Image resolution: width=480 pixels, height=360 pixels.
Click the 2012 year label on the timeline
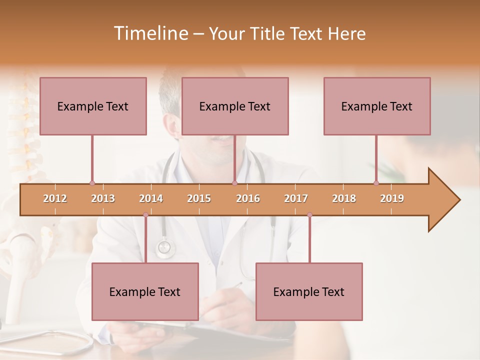(55, 198)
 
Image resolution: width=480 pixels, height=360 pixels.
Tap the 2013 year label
(103, 198)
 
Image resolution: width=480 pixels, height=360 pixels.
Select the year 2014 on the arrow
(151, 198)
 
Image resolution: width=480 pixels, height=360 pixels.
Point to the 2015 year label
(199, 198)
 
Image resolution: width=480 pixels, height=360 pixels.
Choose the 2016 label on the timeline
(248, 198)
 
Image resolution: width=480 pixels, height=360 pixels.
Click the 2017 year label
(296, 198)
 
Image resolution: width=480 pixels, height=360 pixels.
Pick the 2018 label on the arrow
(344, 198)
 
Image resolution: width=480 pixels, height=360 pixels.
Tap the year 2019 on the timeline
(392, 198)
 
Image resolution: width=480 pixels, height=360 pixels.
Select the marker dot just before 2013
(92, 183)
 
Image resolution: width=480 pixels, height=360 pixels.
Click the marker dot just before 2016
(234, 183)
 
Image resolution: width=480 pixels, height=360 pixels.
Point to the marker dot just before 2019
(376, 183)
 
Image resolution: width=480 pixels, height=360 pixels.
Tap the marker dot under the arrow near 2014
(145, 215)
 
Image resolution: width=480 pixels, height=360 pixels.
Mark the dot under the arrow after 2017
(309, 215)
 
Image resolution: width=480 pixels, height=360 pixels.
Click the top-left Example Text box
(93, 106)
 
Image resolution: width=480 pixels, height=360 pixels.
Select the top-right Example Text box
(377, 106)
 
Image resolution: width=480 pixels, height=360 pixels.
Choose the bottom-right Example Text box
(309, 291)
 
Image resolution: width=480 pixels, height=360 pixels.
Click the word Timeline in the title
(150, 33)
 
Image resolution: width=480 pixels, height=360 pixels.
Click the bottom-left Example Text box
(145, 291)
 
